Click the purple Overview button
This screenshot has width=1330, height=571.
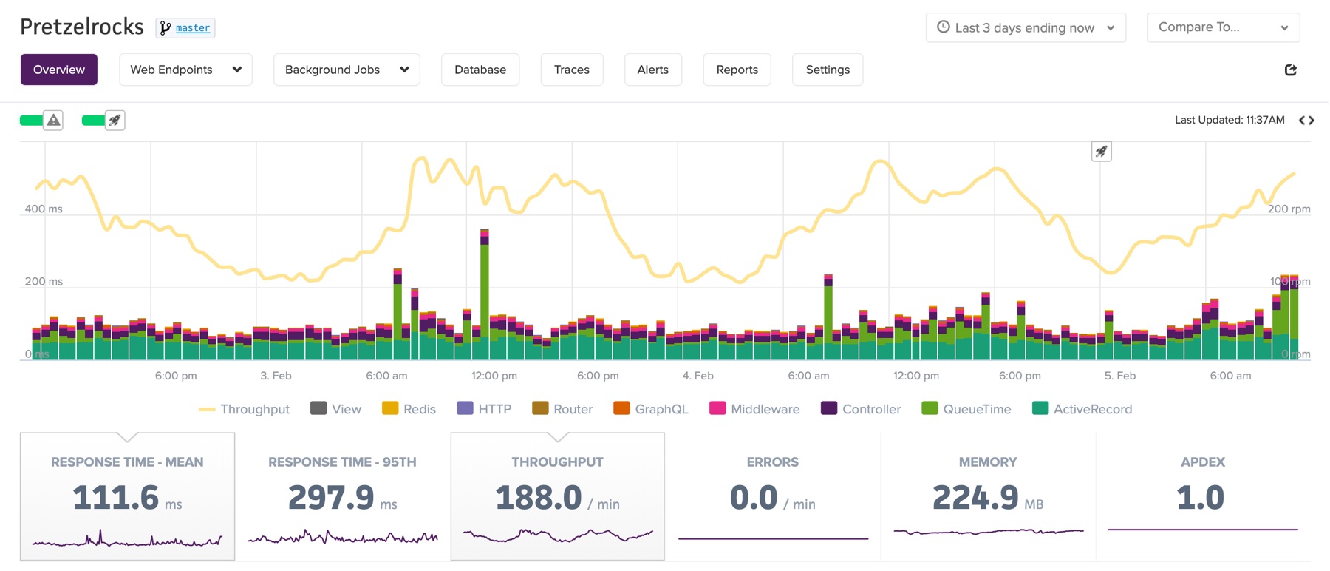59,70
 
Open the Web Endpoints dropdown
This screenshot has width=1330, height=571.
185,70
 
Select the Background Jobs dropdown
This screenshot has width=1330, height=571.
347,70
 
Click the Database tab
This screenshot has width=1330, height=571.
480,70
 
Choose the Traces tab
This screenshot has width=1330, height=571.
572,70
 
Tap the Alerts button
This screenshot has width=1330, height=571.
653,70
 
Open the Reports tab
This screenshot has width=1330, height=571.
737,70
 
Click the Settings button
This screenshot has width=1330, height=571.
828,70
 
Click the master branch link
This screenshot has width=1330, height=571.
193,28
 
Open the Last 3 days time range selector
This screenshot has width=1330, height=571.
1026,27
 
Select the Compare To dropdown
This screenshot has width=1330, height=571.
1223,27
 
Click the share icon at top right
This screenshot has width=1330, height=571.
1291,70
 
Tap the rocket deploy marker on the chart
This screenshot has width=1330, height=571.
1101,152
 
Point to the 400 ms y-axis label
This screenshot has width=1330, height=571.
44,209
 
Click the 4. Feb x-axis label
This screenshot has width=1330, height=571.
698,376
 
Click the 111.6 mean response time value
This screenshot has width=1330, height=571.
116,497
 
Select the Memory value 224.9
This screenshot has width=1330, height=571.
975,497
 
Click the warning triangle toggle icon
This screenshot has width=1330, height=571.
53,120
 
